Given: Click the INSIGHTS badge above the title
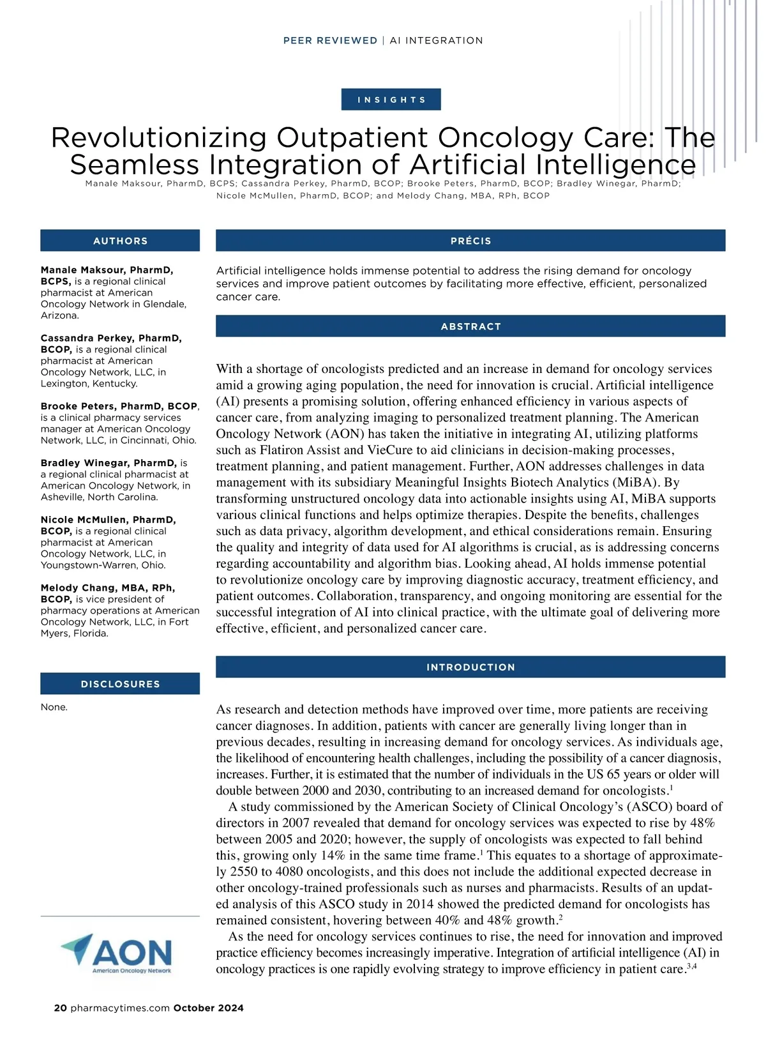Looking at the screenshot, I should pyautogui.click(x=391, y=100).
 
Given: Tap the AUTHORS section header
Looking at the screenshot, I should pyautogui.click(x=120, y=241).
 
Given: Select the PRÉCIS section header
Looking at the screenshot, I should pyautogui.click(x=470, y=241).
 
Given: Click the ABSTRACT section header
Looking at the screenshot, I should pyautogui.click(x=470, y=326).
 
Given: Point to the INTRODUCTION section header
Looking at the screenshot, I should pyautogui.click(x=470, y=667).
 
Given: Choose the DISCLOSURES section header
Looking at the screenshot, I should pyautogui.click(x=120, y=684).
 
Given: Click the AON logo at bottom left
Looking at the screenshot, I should pyautogui.click(x=117, y=953).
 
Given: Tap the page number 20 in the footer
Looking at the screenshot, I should pyautogui.click(x=60, y=1008).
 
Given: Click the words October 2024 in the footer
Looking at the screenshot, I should pyautogui.click(x=208, y=1008).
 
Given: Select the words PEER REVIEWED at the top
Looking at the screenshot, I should pyautogui.click(x=330, y=41).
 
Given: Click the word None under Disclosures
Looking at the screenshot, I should pyautogui.click(x=54, y=708).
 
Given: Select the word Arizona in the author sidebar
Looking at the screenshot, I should pyautogui.click(x=59, y=315).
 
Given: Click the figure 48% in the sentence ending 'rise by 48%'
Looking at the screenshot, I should pyautogui.click(x=702, y=823).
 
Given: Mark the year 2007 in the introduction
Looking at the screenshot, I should pyautogui.click(x=296, y=823).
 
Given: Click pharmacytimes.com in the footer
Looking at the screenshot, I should pyautogui.click(x=120, y=1008).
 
